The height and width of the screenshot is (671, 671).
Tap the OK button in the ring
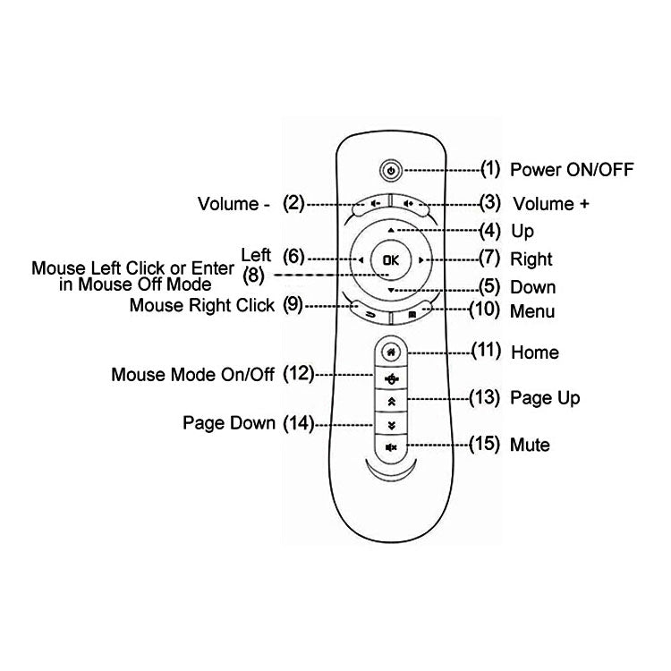(390, 260)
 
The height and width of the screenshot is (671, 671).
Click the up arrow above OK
(390, 231)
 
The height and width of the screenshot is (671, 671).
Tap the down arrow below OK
(390, 291)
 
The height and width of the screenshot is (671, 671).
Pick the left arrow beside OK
(360, 260)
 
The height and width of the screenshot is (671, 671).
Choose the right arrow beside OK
(420, 260)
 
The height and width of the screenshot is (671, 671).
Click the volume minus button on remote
(371, 203)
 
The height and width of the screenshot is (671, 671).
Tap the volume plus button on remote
(410, 203)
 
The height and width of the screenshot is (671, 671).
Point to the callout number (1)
(490, 167)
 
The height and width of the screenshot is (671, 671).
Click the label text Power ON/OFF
(572, 169)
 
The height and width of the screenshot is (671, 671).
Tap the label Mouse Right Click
(202, 305)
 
